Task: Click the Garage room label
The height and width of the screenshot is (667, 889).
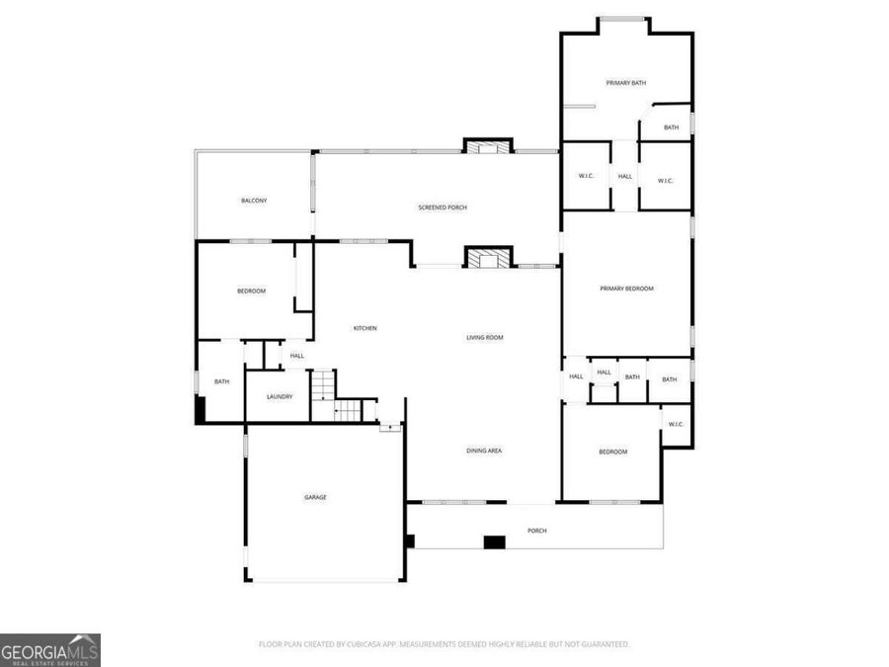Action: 315,497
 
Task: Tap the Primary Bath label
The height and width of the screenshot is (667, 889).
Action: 626,83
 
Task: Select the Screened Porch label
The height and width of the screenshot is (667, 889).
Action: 443,208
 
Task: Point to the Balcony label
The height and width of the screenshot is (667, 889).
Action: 254,201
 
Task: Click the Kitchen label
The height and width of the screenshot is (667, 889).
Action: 365,328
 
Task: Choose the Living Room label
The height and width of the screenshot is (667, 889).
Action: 485,338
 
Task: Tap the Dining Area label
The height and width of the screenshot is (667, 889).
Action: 485,451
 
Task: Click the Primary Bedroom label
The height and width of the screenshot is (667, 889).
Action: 627,289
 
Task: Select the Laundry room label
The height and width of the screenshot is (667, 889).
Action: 280,397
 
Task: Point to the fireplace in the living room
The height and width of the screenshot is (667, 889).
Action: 489,259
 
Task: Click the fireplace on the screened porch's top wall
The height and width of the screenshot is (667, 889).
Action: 488,147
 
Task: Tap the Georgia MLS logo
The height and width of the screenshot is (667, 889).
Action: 50,650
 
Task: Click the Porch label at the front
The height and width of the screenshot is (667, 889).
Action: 536,531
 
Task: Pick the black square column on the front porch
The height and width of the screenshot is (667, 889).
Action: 494,542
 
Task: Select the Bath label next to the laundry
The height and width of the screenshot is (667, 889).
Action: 222,381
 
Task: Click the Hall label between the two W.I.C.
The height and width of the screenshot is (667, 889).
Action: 625,177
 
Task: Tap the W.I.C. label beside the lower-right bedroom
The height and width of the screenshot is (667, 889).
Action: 676,425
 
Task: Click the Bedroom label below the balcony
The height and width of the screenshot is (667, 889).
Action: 251,291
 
